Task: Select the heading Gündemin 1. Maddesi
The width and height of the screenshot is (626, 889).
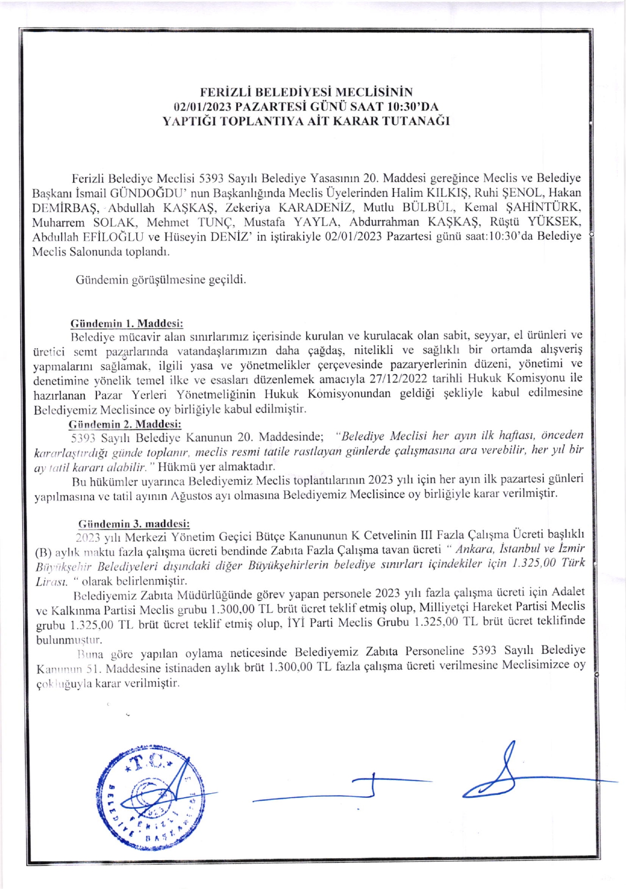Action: click(x=126, y=323)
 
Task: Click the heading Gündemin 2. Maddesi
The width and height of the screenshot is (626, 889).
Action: click(x=125, y=424)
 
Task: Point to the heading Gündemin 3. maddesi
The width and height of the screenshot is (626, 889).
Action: click(x=134, y=524)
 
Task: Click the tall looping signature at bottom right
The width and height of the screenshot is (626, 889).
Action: click(x=499, y=772)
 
